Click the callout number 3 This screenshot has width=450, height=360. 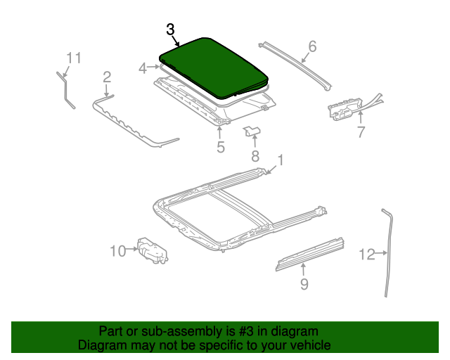pos(170,30)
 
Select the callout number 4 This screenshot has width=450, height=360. pos(143,68)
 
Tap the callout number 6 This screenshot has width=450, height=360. pos(312,46)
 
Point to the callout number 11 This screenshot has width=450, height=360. pos(75,58)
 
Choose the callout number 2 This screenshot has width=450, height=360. pos(107,77)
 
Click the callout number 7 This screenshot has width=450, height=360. pos(360,131)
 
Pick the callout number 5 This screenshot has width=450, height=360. pos(220,147)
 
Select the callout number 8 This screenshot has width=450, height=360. pos(255,155)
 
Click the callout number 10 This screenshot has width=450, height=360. pos(117,250)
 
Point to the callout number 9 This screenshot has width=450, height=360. pos(304,283)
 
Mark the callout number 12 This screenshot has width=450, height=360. pos(366,255)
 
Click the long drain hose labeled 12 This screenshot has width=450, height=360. pos(389,253)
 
